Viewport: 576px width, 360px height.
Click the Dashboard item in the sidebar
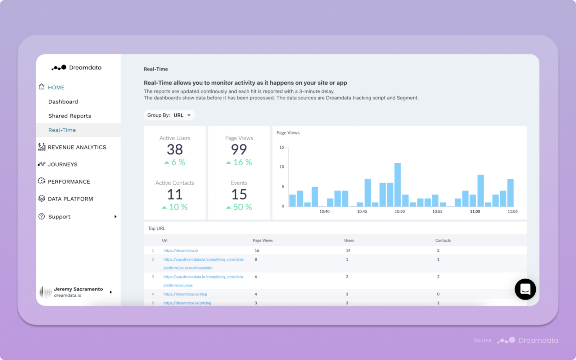(63, 102)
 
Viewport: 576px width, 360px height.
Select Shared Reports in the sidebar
(69, 116)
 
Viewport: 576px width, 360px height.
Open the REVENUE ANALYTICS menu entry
(77, 147)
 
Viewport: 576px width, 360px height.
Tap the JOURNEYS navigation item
(62, 165)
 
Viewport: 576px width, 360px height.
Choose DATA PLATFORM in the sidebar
(70, 199)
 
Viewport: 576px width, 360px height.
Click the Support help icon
(42, 216)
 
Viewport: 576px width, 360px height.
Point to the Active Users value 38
(175, 149)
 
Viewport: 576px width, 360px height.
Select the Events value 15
(239, 194)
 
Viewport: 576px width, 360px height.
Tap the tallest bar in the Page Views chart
(397, 184)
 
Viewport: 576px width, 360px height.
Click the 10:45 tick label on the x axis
(362, 211)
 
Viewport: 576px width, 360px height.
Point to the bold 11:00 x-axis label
(475, 211)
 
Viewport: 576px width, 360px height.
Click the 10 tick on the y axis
(282, 167)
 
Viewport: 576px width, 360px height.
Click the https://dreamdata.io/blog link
(185, 294)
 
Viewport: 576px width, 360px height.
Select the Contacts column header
(443, 240)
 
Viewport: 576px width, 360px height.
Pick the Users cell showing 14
(348, 250)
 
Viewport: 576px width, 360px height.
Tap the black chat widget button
(525, 289)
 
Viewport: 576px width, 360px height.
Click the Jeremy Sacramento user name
(78, 289)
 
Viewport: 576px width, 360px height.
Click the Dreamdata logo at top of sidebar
(76, 67)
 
